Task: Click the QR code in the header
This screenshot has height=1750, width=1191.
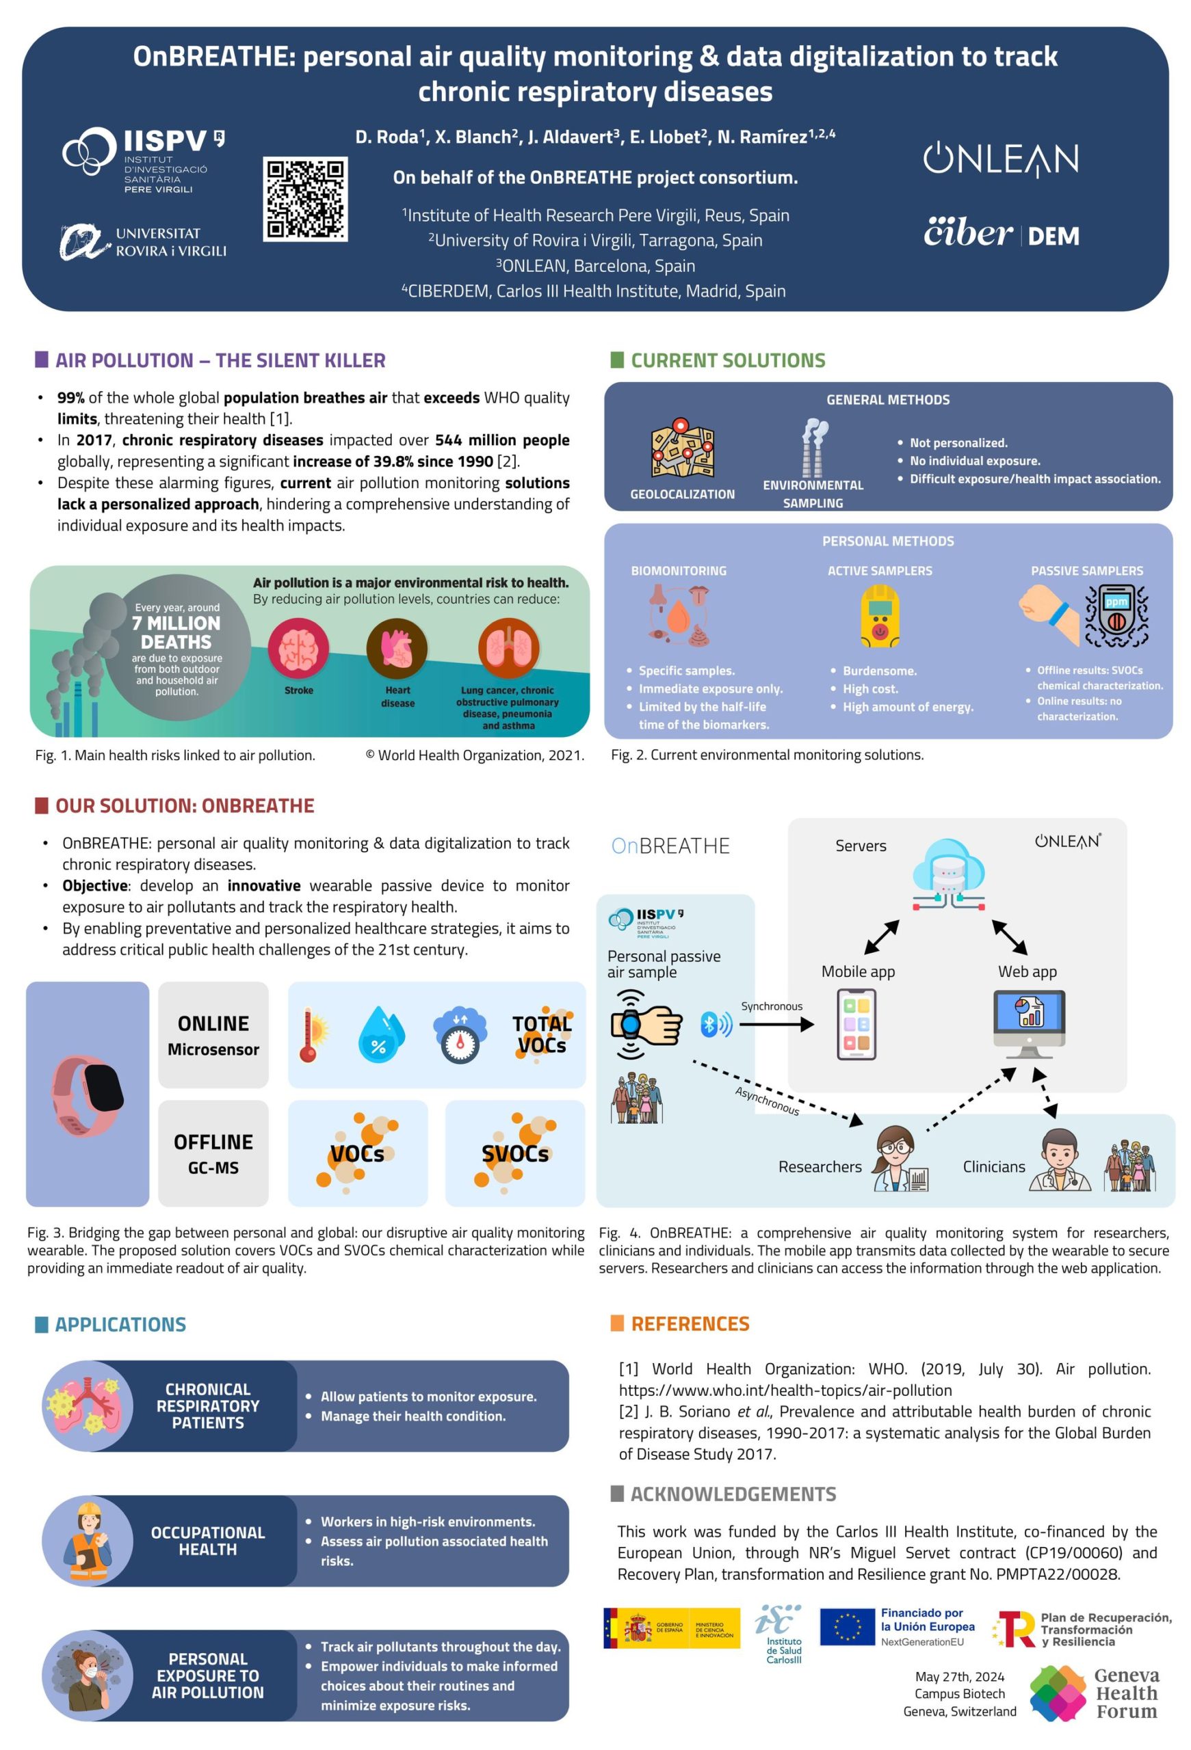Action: point(305,199)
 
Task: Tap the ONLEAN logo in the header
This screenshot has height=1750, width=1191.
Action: point(1000,159)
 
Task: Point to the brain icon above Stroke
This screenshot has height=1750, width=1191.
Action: point(298,648)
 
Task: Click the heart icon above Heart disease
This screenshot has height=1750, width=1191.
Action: point(397,648)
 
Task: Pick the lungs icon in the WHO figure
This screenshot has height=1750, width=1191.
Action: point(508,648)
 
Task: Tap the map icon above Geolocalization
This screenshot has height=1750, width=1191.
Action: point(683,452)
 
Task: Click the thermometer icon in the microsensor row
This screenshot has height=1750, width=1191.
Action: point(312,1036)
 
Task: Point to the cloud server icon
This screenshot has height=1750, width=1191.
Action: point(948,874)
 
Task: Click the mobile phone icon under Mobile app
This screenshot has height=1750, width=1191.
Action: point(856,1024)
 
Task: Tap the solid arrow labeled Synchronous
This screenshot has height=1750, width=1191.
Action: point(776,1024)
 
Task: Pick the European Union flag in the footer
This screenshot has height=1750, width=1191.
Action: point(847,1629)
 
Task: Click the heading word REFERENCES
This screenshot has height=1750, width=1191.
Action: point(690,1324)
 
